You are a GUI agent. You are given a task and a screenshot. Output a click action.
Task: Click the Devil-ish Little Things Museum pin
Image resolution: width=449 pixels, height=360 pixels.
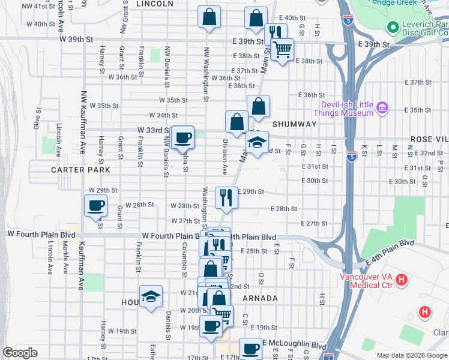[382, 108]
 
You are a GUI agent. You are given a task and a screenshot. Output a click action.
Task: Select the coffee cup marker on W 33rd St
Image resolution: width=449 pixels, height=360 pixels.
[183, 138]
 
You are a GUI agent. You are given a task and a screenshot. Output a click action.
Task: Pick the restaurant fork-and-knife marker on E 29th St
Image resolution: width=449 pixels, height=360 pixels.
[226, 197]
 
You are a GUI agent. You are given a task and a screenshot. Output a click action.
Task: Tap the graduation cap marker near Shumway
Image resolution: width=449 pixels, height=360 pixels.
[257, 143]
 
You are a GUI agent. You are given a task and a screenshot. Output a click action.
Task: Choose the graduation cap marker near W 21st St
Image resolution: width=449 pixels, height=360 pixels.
[151, 296]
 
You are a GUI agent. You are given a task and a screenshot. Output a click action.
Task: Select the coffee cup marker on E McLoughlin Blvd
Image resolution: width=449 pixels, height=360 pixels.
[250, 349]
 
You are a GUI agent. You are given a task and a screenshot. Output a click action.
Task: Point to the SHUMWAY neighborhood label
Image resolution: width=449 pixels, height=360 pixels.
[294, 124]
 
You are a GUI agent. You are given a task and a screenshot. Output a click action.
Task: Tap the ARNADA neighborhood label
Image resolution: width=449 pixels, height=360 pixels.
[260, 298]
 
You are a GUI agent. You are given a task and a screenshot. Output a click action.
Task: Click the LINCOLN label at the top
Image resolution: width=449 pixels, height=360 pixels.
[155, 4]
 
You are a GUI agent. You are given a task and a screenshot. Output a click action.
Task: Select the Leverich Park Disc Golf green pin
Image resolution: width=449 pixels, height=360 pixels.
[393, 27]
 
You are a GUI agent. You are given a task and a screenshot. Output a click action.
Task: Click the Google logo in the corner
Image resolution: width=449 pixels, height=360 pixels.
[20, 353]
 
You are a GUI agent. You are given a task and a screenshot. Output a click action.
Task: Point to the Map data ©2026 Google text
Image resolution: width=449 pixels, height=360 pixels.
[411, 355]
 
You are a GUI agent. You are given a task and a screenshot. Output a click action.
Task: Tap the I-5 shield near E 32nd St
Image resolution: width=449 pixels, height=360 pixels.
[352, 157]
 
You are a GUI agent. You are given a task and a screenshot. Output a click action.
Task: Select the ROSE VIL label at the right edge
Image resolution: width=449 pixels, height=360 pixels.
[429, 139]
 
